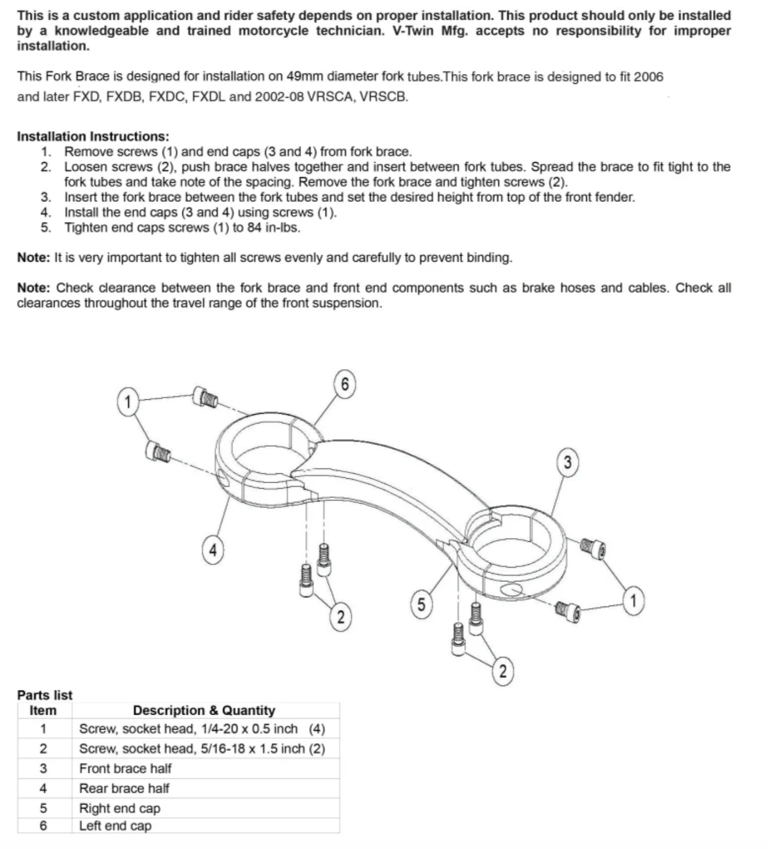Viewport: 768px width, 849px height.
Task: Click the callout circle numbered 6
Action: point(345,384)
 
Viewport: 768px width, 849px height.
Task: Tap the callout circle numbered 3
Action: point(567,462)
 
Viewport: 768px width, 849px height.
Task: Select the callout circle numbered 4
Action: point(213,549)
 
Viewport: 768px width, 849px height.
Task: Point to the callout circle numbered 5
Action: point(421,604)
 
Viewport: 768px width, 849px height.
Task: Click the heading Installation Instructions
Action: point(93,136)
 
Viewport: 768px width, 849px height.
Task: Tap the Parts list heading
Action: point(44,695)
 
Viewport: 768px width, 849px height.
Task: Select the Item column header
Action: point(43,711)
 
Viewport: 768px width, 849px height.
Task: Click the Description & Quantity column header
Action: point(204,711)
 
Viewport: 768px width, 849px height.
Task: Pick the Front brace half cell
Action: point(125,768)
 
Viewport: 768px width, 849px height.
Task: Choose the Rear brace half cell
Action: point(124,788)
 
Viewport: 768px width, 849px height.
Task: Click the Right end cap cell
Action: point(120,808)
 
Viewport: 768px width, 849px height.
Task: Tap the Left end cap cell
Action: point(115,825)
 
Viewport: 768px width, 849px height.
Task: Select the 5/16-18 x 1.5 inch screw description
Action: point(202,749)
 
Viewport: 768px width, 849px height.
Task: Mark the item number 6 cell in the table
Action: point(43,825)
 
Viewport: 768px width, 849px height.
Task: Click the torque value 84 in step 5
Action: point(254,228)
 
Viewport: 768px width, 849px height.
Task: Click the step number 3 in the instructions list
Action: point(46,197)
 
